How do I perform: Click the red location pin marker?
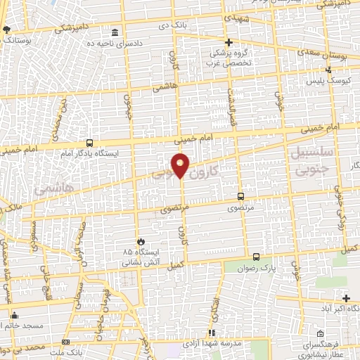pos(181,165)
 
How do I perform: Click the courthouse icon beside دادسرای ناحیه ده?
pos(115,33)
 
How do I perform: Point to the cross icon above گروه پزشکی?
pos(228,42)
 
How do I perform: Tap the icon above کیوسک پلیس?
pos(329,69)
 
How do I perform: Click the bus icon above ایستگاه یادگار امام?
pos(89,142)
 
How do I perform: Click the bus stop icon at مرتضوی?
pos(241,197)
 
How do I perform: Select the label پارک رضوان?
pos(255,268)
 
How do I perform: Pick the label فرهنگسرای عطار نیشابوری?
pos(322,351)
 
